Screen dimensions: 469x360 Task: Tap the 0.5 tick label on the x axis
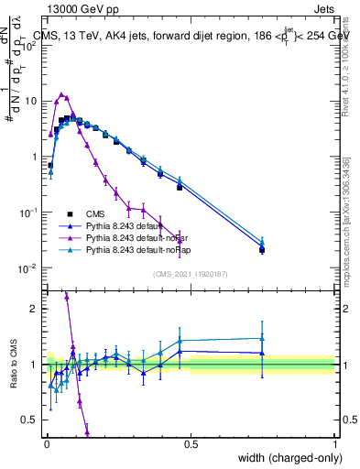tap(191, 444)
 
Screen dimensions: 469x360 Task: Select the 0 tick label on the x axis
tap(47, 444)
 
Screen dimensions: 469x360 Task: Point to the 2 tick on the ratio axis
tap(36, 309)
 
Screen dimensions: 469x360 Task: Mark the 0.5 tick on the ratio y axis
tap(32, 420)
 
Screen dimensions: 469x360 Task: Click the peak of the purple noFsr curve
tap(61, 93)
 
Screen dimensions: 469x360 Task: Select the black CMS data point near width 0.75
tap(262, 250)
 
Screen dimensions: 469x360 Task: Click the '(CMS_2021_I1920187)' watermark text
tap(191, 274)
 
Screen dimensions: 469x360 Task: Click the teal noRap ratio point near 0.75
tap(262, 339)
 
